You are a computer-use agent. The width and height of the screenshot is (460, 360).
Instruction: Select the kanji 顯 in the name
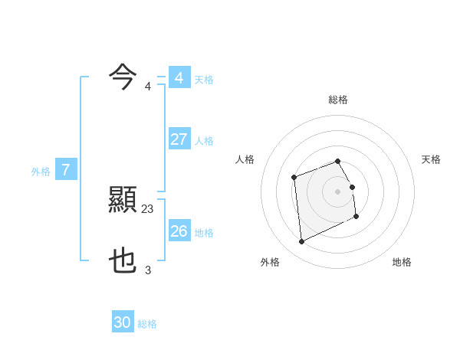[x=123, y=201]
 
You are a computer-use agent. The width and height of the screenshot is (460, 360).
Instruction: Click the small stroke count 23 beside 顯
[x=148, y=208]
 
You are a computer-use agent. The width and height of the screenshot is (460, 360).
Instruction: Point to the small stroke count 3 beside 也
[x=148, y=270]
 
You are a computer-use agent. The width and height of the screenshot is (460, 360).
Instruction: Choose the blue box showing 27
[x=179, y=139]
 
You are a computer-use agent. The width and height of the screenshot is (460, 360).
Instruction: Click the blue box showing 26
[x=179, y=231]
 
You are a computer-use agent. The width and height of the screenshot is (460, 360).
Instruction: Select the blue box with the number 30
[x=123, y=322]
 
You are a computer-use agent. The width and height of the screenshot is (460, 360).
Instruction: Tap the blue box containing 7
[x=66, y=170]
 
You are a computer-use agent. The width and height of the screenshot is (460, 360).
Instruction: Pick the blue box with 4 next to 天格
[x=179, y=78]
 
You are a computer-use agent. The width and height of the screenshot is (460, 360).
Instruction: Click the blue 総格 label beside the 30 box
[x=147, y=324]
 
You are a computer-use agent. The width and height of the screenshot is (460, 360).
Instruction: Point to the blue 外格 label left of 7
[x=41, y=172]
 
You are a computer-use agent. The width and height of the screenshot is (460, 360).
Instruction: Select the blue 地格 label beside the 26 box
[x=205, y=232]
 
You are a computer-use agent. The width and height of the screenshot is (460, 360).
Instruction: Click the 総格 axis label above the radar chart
[x=338, y=100]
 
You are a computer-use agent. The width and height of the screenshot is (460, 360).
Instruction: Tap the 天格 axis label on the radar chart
[x=432, y=159]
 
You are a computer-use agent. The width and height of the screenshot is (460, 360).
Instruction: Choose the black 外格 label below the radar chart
[x=270, y=262]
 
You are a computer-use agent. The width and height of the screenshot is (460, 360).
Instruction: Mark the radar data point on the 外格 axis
[x=301, y=242]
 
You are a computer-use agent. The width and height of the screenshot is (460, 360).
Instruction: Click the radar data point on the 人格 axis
[x=294, y=178]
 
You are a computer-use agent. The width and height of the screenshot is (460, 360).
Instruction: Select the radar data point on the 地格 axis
[x=357, y=218]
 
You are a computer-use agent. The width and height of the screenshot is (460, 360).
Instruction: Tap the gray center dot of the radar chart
[x=338, y=191]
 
